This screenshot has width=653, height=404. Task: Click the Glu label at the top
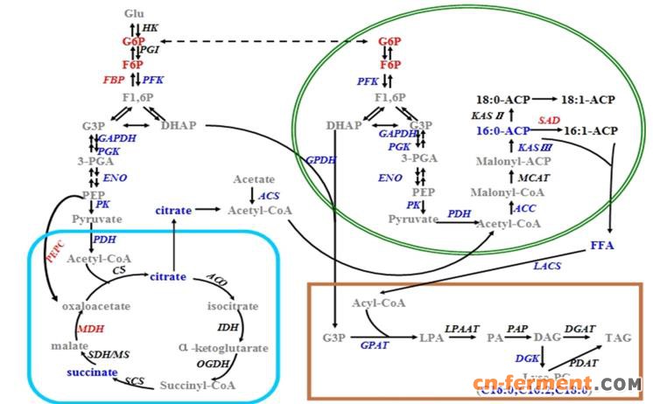pos(134,14)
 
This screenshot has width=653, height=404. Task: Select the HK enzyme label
pos(151,28)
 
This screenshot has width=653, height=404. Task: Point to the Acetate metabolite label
pos(254,179)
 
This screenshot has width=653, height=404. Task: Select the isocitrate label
pos(232,307)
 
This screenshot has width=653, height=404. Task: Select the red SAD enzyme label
pos(549,119)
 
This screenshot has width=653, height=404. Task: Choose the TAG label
pos(618,338)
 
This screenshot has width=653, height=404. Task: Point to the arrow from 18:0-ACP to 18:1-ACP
pos(535,101)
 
